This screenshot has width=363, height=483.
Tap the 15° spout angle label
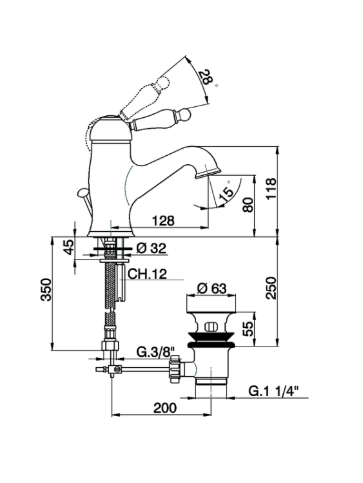[226, 193]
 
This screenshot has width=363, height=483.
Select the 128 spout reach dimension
[163, 220]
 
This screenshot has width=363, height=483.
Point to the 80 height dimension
[248, 205]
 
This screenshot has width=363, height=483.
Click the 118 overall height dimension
[271, 189]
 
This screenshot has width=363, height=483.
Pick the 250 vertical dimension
[271, 288]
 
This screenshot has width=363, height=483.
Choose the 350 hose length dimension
[46, 290]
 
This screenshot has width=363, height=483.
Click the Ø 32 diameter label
[151, 248]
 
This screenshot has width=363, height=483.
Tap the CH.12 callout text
[147, 274]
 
